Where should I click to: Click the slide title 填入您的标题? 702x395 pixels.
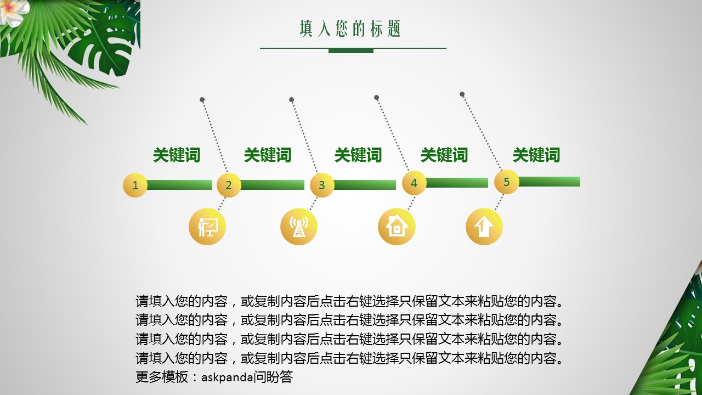(350, 29)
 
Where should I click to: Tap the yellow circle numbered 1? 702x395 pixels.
(135, 185)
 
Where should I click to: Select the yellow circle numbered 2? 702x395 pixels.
(229, 185)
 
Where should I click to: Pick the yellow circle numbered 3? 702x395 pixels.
(322, 185)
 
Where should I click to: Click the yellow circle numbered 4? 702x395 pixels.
(414, 183)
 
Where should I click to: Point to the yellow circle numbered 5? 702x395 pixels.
(507, 182)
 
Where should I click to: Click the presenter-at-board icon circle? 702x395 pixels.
(207, 227)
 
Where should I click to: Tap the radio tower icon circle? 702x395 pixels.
(299, 227)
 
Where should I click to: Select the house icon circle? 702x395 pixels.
(397, 227)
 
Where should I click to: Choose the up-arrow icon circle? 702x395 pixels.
(484, 227)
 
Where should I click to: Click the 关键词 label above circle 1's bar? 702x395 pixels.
(177, 155)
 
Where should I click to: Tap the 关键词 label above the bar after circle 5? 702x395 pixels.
(536, 155)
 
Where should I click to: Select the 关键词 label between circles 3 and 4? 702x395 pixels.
(358, 155)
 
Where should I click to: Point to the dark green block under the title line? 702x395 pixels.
(350, 51)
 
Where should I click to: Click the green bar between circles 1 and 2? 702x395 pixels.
(180, 185)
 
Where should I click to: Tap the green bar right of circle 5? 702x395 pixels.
(549, 182)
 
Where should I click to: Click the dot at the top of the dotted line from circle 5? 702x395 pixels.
(462, 94)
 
